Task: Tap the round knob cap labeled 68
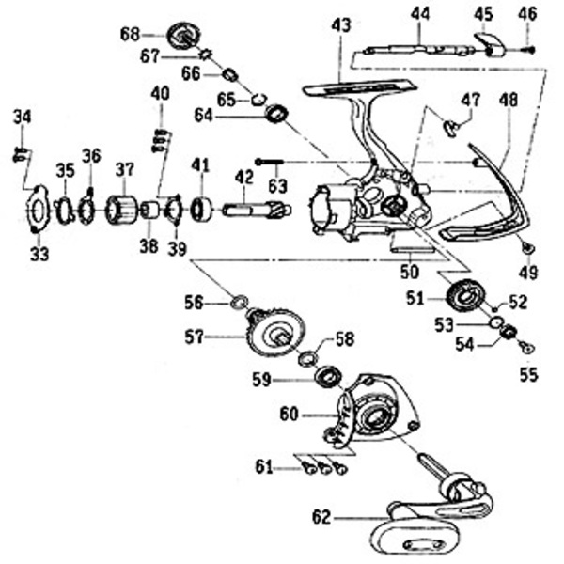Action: tap(184, 36)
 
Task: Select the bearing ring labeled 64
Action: tap(275, 116)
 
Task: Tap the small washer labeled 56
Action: tap(239, 302)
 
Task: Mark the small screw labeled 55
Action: tap(527, 347)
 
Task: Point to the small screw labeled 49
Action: tap(526, 248)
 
